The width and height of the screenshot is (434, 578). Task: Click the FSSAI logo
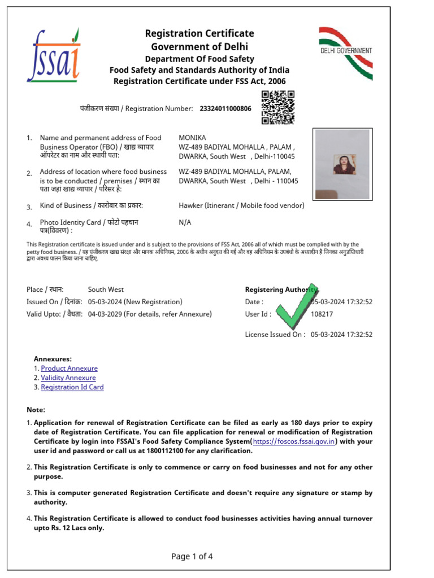(55, 55)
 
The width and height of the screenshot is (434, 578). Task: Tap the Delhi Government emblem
(345, 52)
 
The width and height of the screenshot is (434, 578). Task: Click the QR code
(278, 107)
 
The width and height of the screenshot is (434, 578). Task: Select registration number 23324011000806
(225, 108)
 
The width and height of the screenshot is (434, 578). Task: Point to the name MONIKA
(192, 138)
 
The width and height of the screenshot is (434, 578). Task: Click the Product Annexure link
(69, 369)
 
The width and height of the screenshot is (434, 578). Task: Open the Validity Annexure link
(68, 378)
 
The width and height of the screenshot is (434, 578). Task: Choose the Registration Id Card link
(72, 387)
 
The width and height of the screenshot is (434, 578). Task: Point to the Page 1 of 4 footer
(192, 557)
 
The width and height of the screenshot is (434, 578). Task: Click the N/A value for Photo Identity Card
(185, 222)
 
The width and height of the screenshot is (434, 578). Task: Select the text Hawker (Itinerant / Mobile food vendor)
(241, 205)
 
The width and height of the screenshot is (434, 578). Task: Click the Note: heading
(36, 410)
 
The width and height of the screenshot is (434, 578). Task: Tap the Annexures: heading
(53, 359)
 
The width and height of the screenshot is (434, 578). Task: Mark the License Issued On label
(275, 334)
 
